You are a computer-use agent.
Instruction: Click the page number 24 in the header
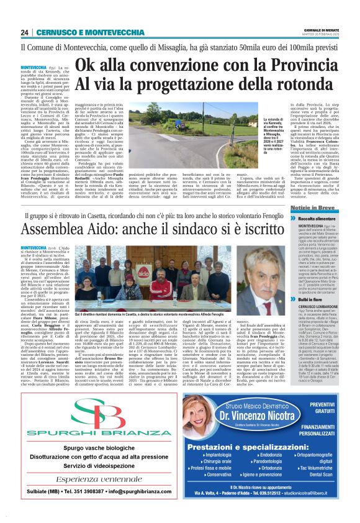tap(25, 32)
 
